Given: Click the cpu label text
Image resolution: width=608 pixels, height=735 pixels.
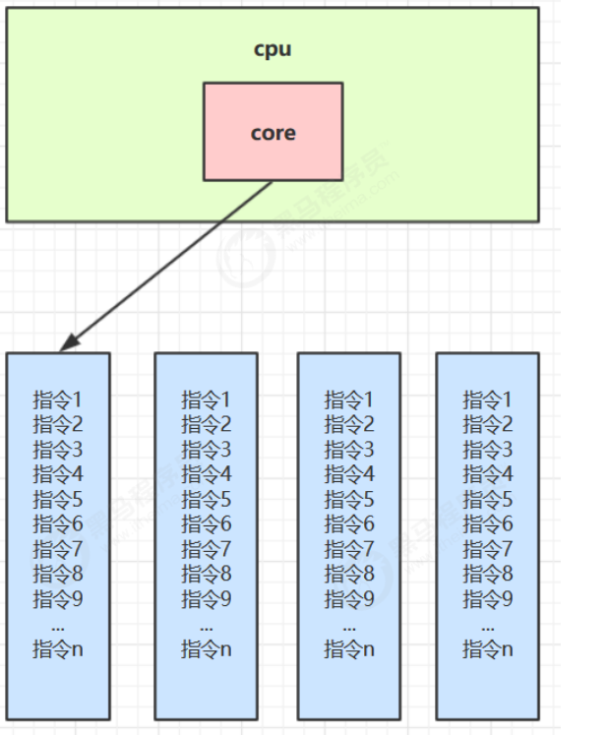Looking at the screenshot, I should (273, 48).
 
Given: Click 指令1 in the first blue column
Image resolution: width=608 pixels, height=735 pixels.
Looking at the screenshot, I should (58, 400).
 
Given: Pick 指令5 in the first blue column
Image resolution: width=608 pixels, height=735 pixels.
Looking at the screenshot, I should (58, 500).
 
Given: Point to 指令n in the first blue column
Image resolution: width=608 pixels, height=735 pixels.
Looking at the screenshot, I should (58, 648).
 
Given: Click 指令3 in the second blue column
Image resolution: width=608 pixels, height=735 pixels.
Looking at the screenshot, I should (206, 450).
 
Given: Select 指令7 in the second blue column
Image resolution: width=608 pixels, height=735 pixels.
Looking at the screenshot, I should (206, 549).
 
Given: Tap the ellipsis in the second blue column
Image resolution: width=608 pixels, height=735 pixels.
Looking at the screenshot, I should (206, 625).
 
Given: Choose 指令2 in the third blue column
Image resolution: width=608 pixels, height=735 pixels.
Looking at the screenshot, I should (349, 425).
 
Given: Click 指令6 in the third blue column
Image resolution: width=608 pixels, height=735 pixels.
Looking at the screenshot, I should (349, 524).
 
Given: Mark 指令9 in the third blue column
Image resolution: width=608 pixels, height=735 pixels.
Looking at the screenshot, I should (349, 598).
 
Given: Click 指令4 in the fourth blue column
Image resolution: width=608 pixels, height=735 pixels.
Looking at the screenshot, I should (488, 474).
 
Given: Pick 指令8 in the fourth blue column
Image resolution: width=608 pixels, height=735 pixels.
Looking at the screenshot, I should (488, 574).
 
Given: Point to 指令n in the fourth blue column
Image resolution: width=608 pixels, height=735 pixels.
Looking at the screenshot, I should (488, 648).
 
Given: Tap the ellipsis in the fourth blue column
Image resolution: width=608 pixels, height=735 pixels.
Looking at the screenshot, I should (488, 625).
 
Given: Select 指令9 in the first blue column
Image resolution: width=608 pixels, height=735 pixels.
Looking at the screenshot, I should (58, 598).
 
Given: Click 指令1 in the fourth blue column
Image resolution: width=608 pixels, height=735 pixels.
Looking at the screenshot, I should (488, 400).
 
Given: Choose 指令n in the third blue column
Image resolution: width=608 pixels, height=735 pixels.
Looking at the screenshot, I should (349, 648).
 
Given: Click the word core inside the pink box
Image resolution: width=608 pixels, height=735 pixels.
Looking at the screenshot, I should (273, 133).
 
